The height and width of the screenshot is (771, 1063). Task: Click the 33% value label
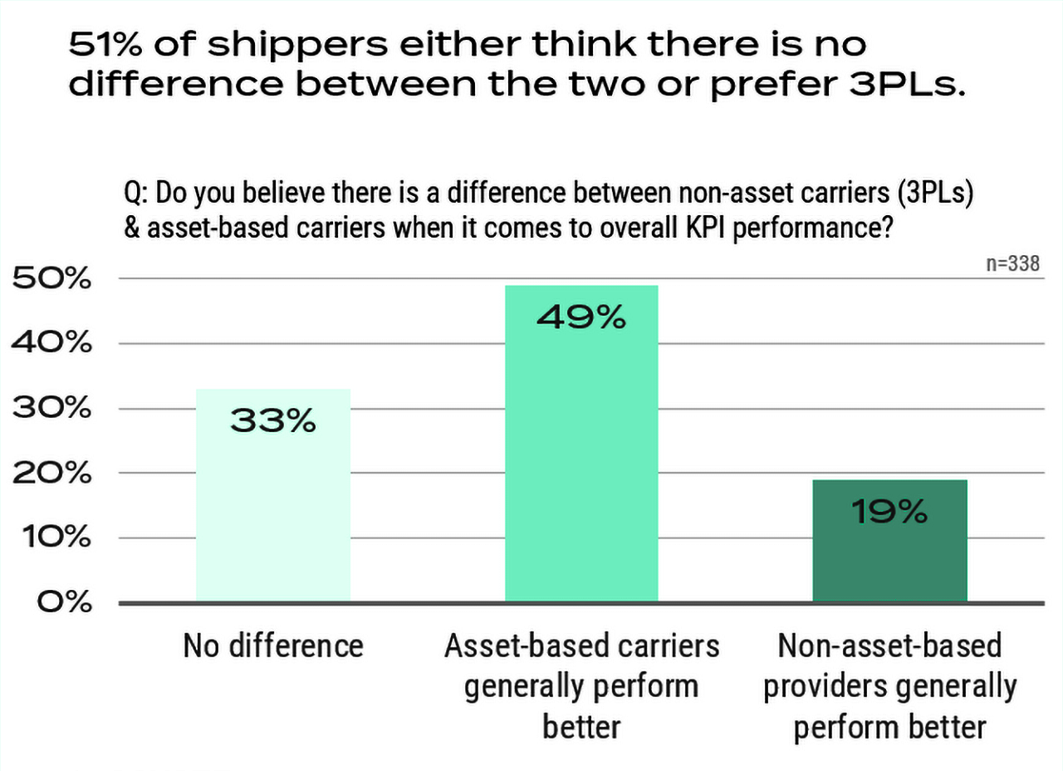(x=273, y=421)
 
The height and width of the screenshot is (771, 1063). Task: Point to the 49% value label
(x=581, y=317)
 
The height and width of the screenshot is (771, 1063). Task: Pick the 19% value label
(x=889, y=513)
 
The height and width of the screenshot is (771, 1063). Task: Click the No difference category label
(x=273, y=646)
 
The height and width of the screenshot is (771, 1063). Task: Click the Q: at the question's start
(x=136, y=194)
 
